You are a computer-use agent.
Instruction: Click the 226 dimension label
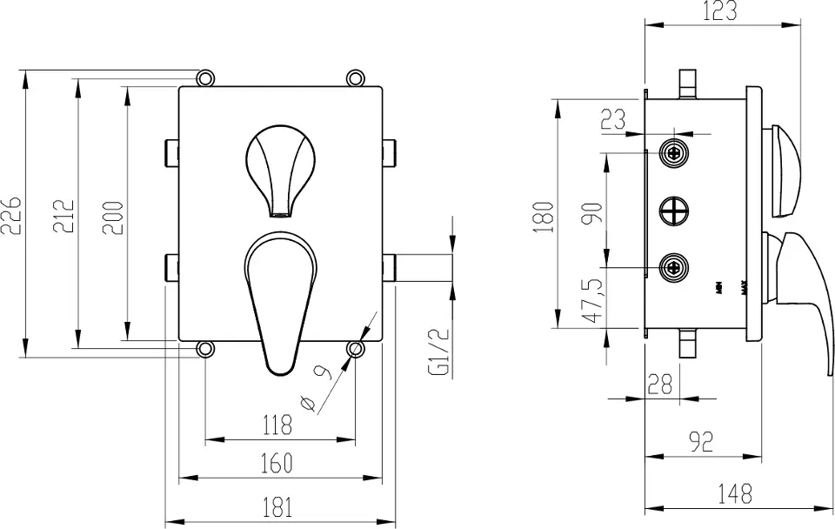pos(13,214)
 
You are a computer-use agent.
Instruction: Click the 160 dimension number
pos(276,464)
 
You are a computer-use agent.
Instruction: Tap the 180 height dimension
pos(542,215)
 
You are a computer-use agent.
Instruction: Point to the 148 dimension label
pos(736,493)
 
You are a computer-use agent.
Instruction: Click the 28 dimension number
pos(662,382)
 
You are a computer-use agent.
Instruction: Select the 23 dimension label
pos(613,119)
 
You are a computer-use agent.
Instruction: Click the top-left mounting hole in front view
pos(205,78)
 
